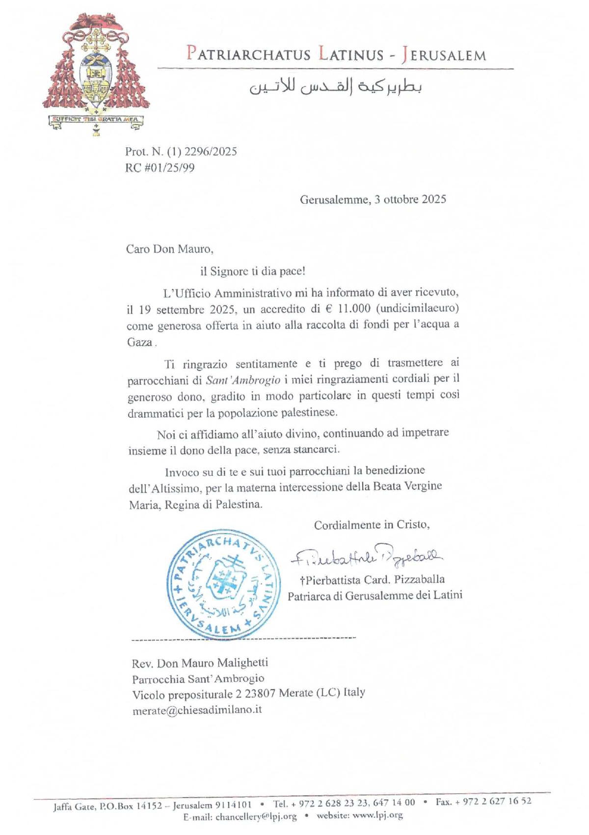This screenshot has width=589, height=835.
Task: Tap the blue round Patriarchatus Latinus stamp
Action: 223,584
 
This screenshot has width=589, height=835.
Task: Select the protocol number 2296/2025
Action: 211,152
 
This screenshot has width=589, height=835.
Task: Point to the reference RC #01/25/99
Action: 160,168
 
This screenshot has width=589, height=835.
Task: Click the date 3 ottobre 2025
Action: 410,199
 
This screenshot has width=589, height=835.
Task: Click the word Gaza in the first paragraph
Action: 140,342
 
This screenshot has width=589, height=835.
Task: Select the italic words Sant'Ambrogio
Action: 243,379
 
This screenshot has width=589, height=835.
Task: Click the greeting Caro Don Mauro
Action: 169,249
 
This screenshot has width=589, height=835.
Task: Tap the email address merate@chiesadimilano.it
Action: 197,710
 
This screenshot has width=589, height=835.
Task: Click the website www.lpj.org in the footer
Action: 377,815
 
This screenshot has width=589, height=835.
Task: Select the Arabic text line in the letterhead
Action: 336,86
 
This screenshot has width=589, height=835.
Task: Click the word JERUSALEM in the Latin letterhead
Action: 444,54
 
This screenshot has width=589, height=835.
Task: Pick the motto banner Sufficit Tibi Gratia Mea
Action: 96,119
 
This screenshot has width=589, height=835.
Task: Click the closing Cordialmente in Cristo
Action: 372,525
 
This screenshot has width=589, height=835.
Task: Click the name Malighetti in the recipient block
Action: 242,663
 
